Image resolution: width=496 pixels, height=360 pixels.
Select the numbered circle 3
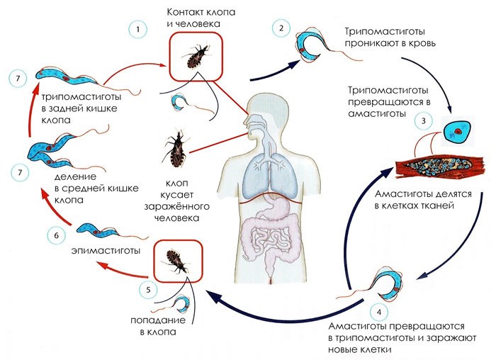tap(424, 120)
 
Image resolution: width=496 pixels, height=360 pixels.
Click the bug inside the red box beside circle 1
tap(195, 56)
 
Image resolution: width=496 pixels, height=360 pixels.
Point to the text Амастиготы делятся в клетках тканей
tap(414, 200)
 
